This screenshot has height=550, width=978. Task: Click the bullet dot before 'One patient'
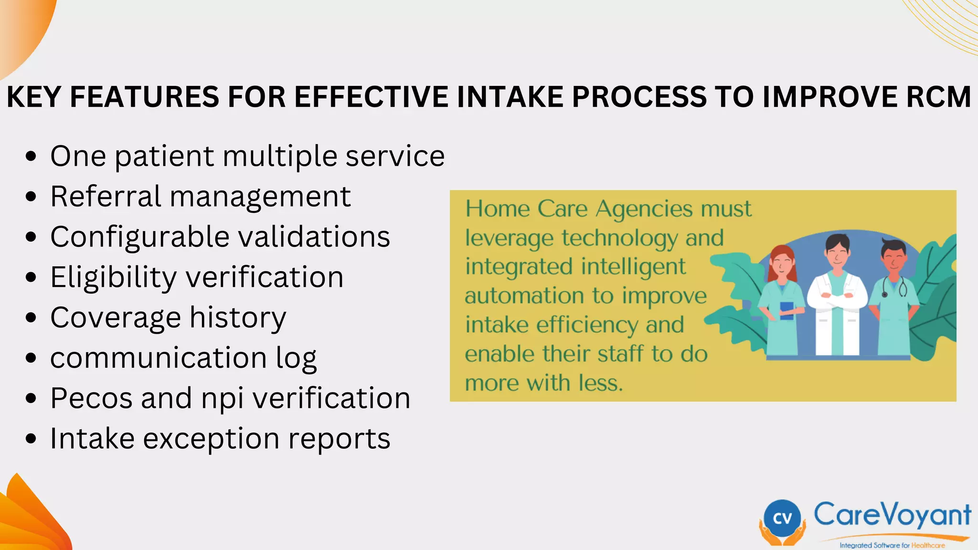(x=31, y=156)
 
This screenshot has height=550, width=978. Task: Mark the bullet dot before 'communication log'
(x=31, y=358)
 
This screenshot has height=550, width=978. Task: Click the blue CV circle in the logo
(x=782, y=518)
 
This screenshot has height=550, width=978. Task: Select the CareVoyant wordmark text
(x=892, y=515)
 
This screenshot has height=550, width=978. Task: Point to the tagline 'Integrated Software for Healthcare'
(x=892, y=545)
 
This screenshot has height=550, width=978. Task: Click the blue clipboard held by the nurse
(x=787, y=310)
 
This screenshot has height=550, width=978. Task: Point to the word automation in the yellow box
(x=525, y=296)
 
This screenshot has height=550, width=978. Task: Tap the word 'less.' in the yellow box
(x=601, y=383)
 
